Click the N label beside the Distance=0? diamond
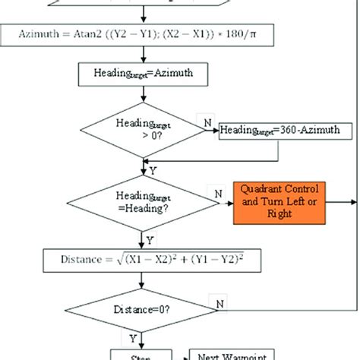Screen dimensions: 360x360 [220, 304]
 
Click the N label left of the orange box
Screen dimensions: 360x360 [218, 194]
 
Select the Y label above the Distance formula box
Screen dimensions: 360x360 [150, 238]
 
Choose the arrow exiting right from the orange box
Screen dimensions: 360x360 [340, 202]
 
